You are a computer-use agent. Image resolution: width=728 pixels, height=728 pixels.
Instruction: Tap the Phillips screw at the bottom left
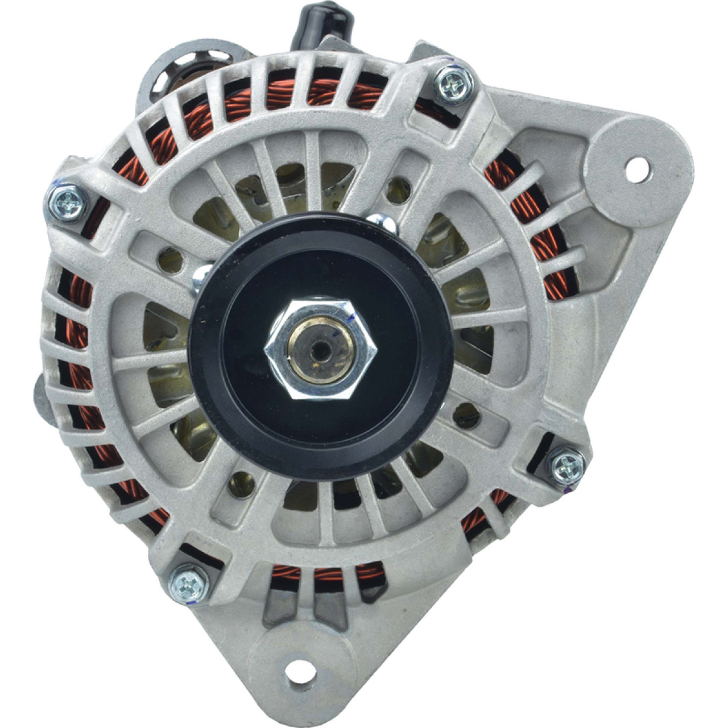(189, 584)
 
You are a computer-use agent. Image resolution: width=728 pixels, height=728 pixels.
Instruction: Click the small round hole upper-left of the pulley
(170, 260)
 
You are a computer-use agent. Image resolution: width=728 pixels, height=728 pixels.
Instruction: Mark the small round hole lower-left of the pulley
(241, 483)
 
